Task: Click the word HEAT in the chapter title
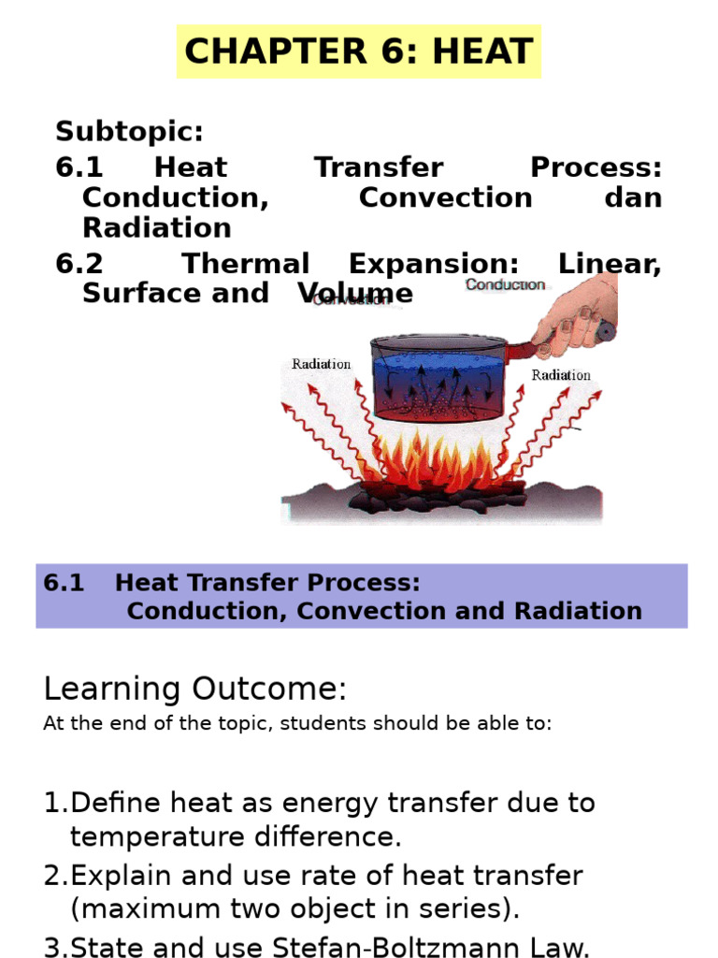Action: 483,51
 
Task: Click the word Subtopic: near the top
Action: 129,131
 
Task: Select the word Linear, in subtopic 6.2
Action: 610,264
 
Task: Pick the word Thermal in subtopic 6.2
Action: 245,264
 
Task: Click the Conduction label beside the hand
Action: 505,284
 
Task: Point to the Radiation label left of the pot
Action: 322,364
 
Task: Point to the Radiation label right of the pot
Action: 561,375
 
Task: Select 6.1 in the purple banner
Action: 64,583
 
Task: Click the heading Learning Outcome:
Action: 194,689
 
